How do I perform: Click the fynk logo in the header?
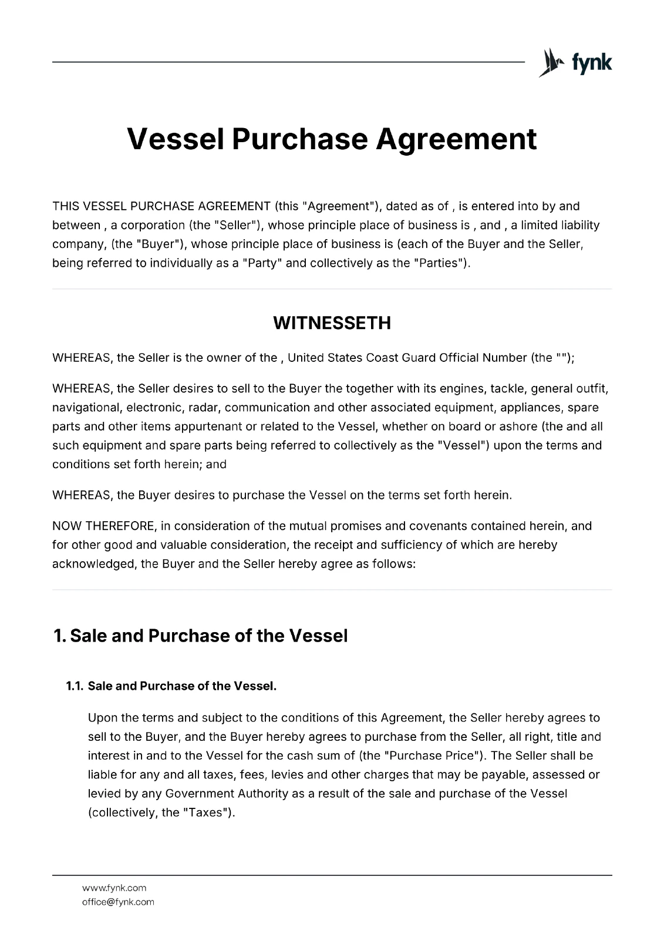pyautogui.click(x=575, y=62)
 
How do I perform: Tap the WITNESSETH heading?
pyautogui.click(x=332, y=323)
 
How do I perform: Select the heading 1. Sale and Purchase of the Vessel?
pyautogui.click(x=200, y=636)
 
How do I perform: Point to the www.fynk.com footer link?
pyautogui.click(x=114, y=888)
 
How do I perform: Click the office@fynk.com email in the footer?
pyautogui.click(x=118, y=902)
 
